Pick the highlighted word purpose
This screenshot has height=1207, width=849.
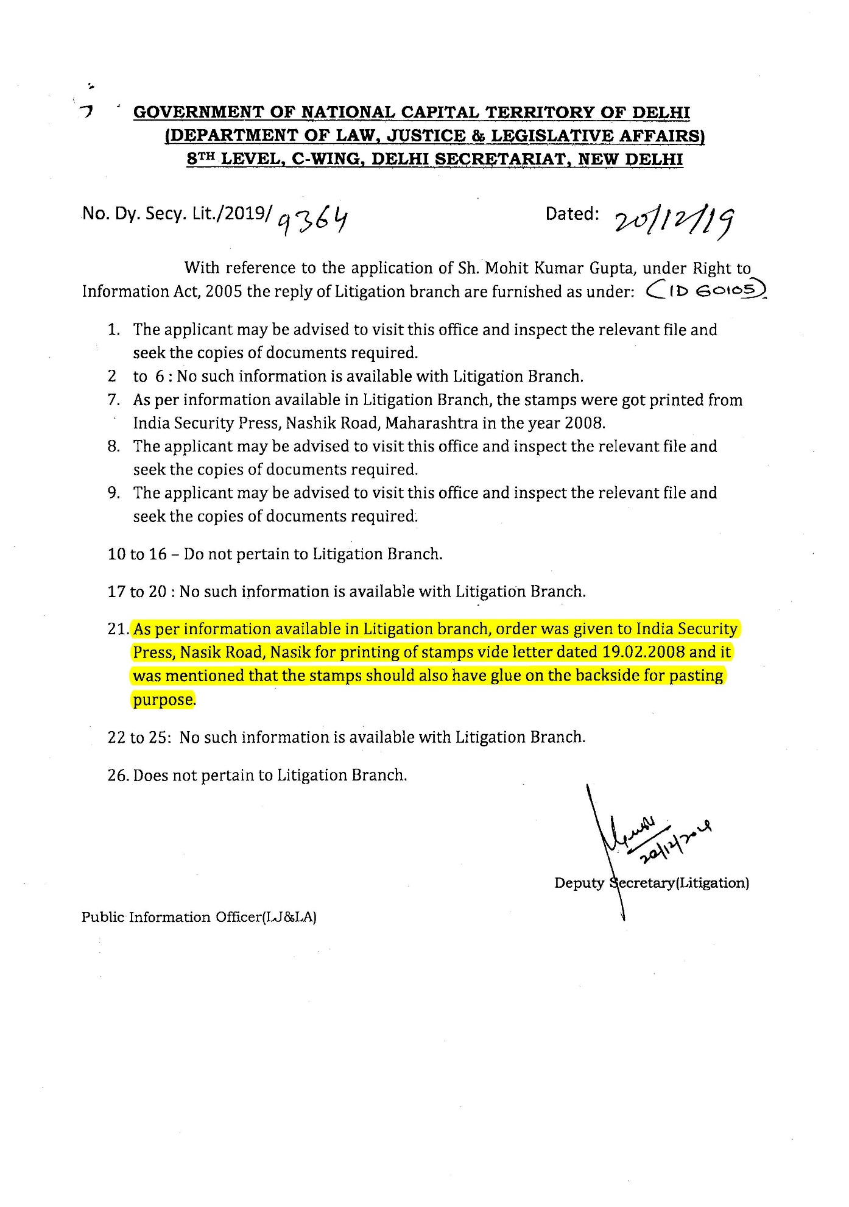coord(163,699)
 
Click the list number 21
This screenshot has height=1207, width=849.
coord(118,629)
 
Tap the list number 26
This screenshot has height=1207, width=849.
coord(118,776)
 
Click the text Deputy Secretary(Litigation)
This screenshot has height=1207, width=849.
coord(651,883)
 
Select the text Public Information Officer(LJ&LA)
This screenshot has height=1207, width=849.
coord(199,917)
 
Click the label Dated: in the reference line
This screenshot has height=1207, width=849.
coord(572,214)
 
